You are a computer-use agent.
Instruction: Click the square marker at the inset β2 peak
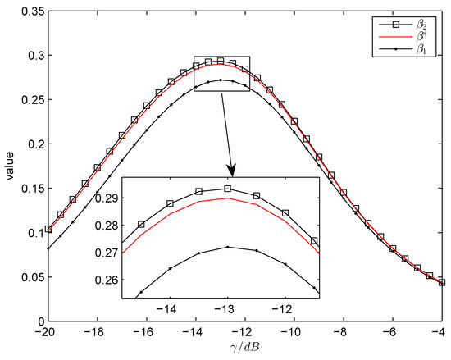pos(227,189)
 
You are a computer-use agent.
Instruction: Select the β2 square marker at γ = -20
pos(48,230)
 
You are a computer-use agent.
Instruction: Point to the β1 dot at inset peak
pos(227,247)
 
